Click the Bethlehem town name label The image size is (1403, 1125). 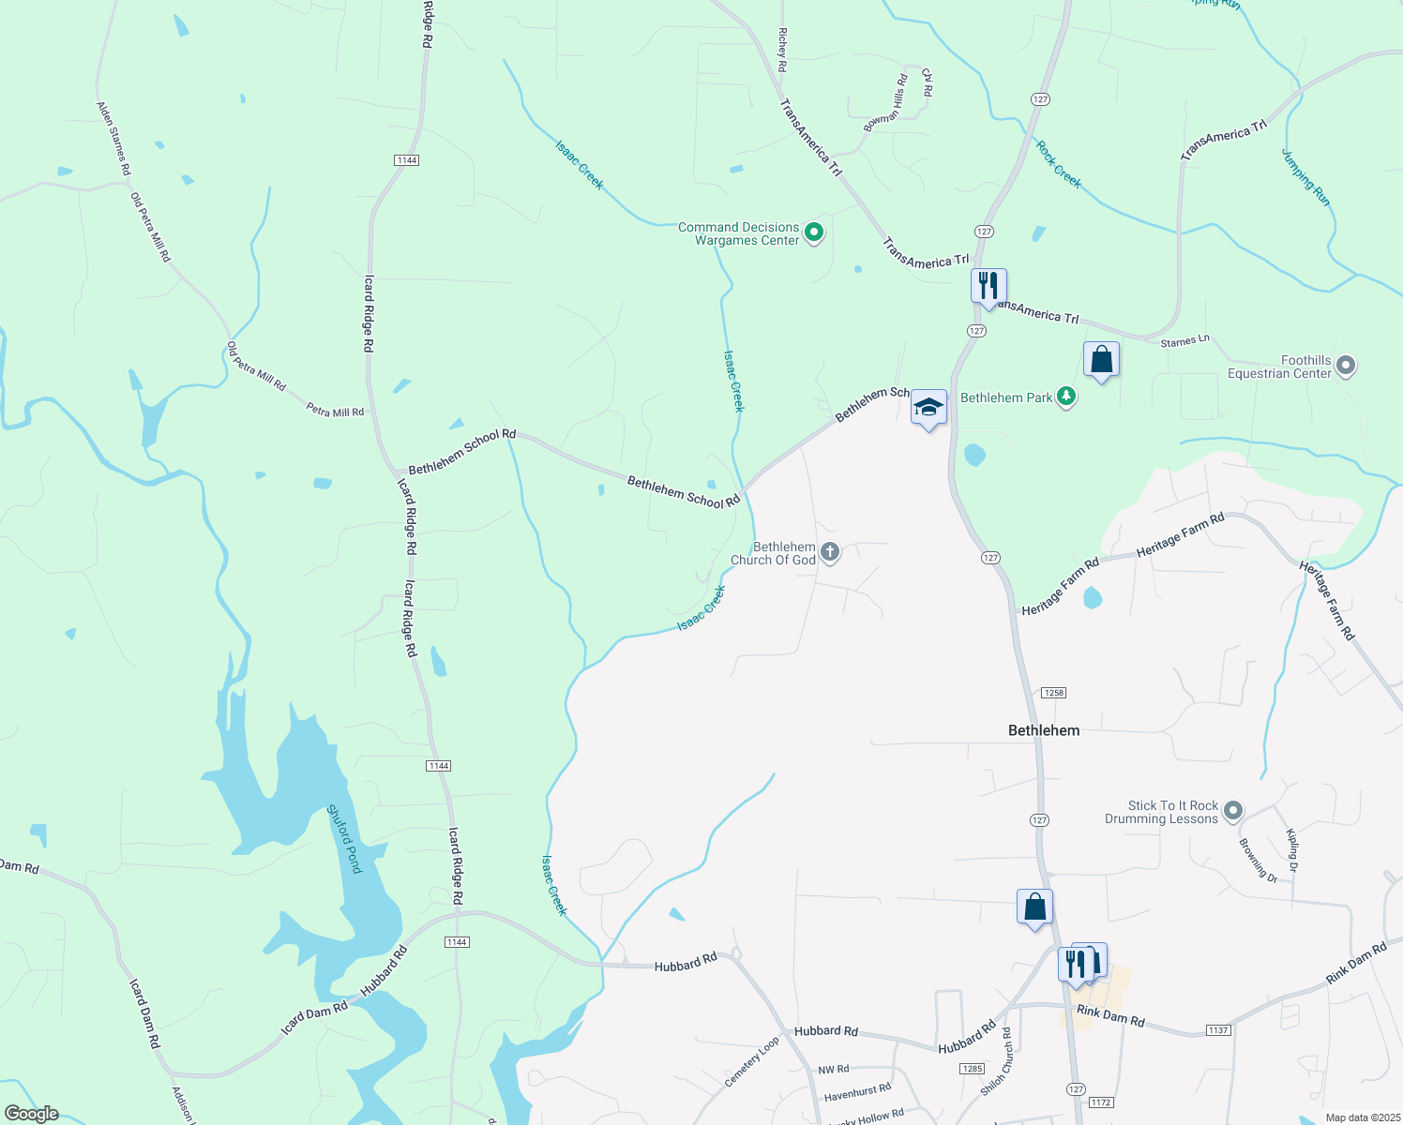(x=1043, y=730)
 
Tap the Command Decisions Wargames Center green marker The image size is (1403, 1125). (x=814, y=232)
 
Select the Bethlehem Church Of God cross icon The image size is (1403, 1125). (x=829, y=552)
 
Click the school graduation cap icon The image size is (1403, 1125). (x=928, y=408)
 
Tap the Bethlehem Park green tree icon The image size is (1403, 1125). (x=1065, y=397)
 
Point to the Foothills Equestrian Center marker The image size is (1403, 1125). (x=1345, y=366)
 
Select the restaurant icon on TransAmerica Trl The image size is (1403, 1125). (x=988, y=286)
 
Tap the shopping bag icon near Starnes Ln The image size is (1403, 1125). (x=1101, y=360)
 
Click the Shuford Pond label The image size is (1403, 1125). (x=344, y=839)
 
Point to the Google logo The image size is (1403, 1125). (x=31, y=1114)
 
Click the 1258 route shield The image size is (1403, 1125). (x=1053, y=693)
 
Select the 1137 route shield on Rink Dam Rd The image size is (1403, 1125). (x=1217, y=1030)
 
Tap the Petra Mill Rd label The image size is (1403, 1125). (x=335, y=411)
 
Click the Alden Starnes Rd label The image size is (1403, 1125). (x=114, y=139)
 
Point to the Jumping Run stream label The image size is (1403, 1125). (x=1305, y=177)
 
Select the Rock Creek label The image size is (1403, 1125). (x=1058, y=164)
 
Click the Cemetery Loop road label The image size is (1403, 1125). (x=751, y=1062)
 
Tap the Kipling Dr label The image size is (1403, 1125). (x=1292, y=850)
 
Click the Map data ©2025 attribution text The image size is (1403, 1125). (x=1362, y=1117)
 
